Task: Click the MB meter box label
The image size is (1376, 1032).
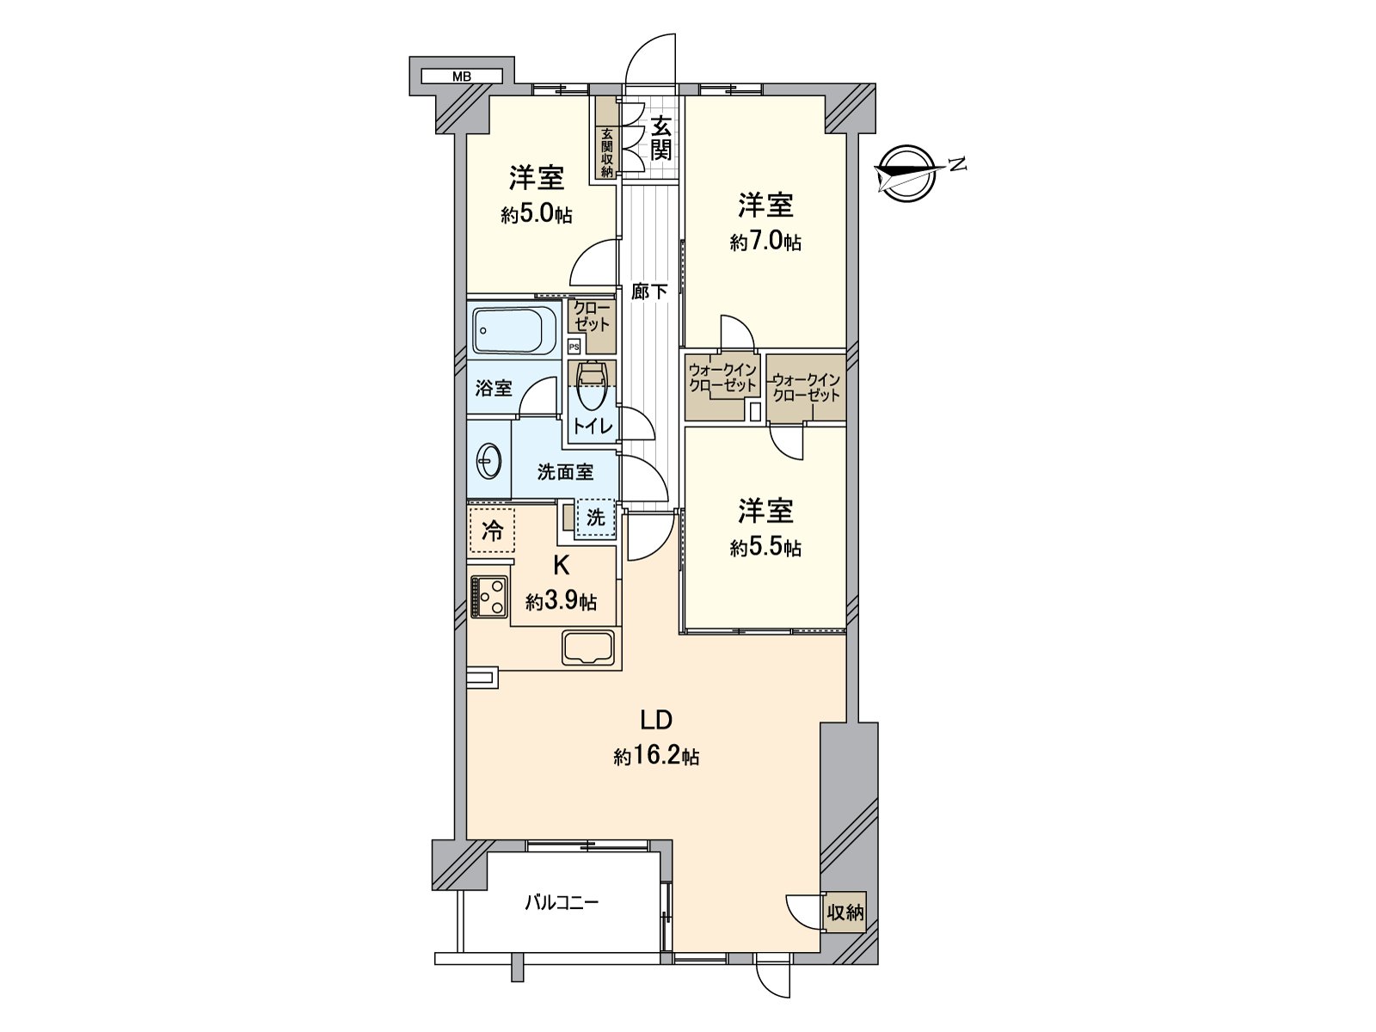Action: (462, 77)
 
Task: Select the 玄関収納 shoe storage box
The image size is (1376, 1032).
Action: (606, 152)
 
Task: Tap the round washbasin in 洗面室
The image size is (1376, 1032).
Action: (488, 463)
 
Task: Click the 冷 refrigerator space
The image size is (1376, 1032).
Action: (492, 530)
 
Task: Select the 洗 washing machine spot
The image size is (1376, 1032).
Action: (596, 518)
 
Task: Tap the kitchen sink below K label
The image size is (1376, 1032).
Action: (588, 647)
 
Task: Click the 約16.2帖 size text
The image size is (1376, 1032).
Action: (656, 757)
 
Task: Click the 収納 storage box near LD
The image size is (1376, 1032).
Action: (845, 912)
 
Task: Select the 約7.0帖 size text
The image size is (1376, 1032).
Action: (765, 243)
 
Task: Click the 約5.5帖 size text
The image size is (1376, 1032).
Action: (765, 548)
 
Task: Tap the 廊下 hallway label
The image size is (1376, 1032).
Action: (649, 292)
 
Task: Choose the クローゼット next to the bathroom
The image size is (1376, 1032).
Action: (592, 316)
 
